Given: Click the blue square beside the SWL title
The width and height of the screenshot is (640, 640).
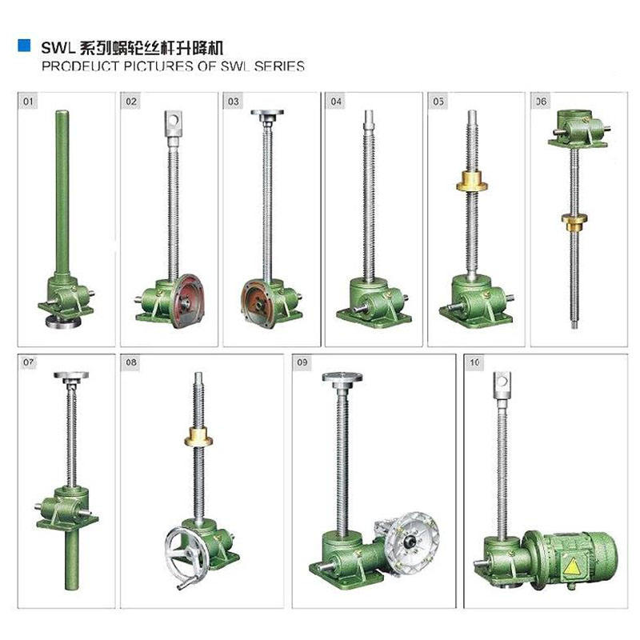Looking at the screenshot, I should (x=24, y=46).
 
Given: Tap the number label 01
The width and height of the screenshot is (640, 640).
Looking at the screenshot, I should (x=30, y=102).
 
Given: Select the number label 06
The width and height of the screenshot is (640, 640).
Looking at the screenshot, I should (x=542, y=102).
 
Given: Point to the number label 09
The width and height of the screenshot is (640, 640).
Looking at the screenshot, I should (x=302, y=363).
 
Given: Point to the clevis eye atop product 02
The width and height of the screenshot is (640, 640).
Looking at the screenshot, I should (x=172, y=123).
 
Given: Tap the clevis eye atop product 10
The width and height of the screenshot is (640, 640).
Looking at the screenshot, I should (x=502, y=384).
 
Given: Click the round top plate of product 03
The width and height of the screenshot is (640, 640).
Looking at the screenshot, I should (x=267, y=114).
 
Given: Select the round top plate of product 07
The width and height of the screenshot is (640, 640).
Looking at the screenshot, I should (x=70, y=375).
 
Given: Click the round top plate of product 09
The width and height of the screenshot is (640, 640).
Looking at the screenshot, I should (x=342, y=377).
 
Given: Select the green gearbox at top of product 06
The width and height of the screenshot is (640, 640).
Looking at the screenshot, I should (x=574, y=130).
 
